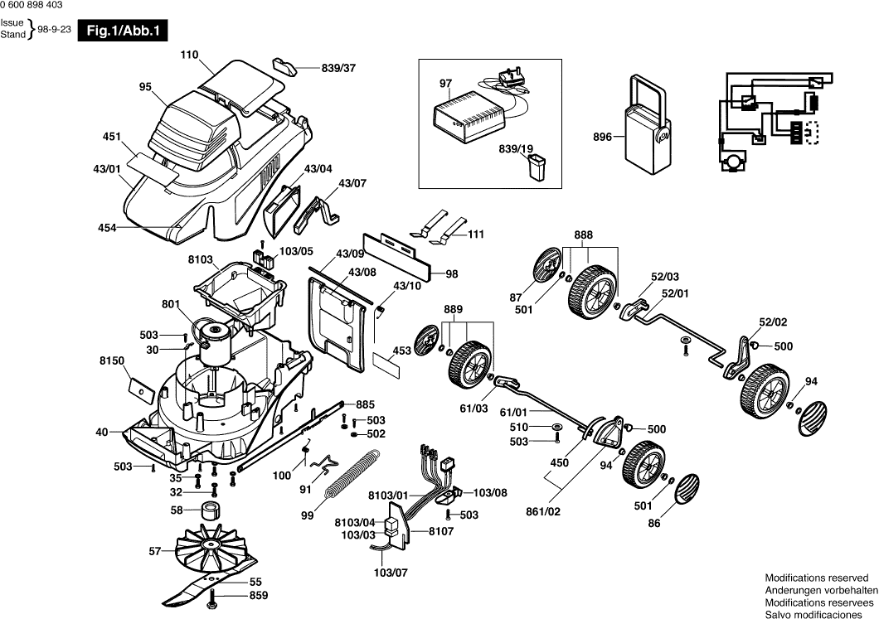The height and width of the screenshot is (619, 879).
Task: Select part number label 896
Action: (603, 138)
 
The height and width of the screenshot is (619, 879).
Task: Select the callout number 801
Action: (172, 304)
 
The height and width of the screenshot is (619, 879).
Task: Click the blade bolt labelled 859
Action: (215, 597)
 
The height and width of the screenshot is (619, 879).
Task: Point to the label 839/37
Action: (338, 68)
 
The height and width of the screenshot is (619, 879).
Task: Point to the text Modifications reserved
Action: (817, 578)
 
